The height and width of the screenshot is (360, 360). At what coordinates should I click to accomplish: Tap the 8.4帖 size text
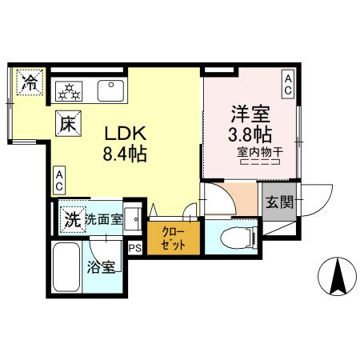click(x=124, y=154)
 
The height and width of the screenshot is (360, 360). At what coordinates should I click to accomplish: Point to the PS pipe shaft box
click(x=134, y=247)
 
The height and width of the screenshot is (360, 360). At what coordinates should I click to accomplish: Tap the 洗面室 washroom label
click(x=104, y=218)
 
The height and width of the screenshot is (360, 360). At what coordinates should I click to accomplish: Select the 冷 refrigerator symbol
click(x=29, y=82)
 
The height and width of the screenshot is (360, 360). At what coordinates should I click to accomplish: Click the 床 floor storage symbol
click(x=67, y=124)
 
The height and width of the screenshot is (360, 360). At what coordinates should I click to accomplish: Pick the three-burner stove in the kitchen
click(x=70, y=90)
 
